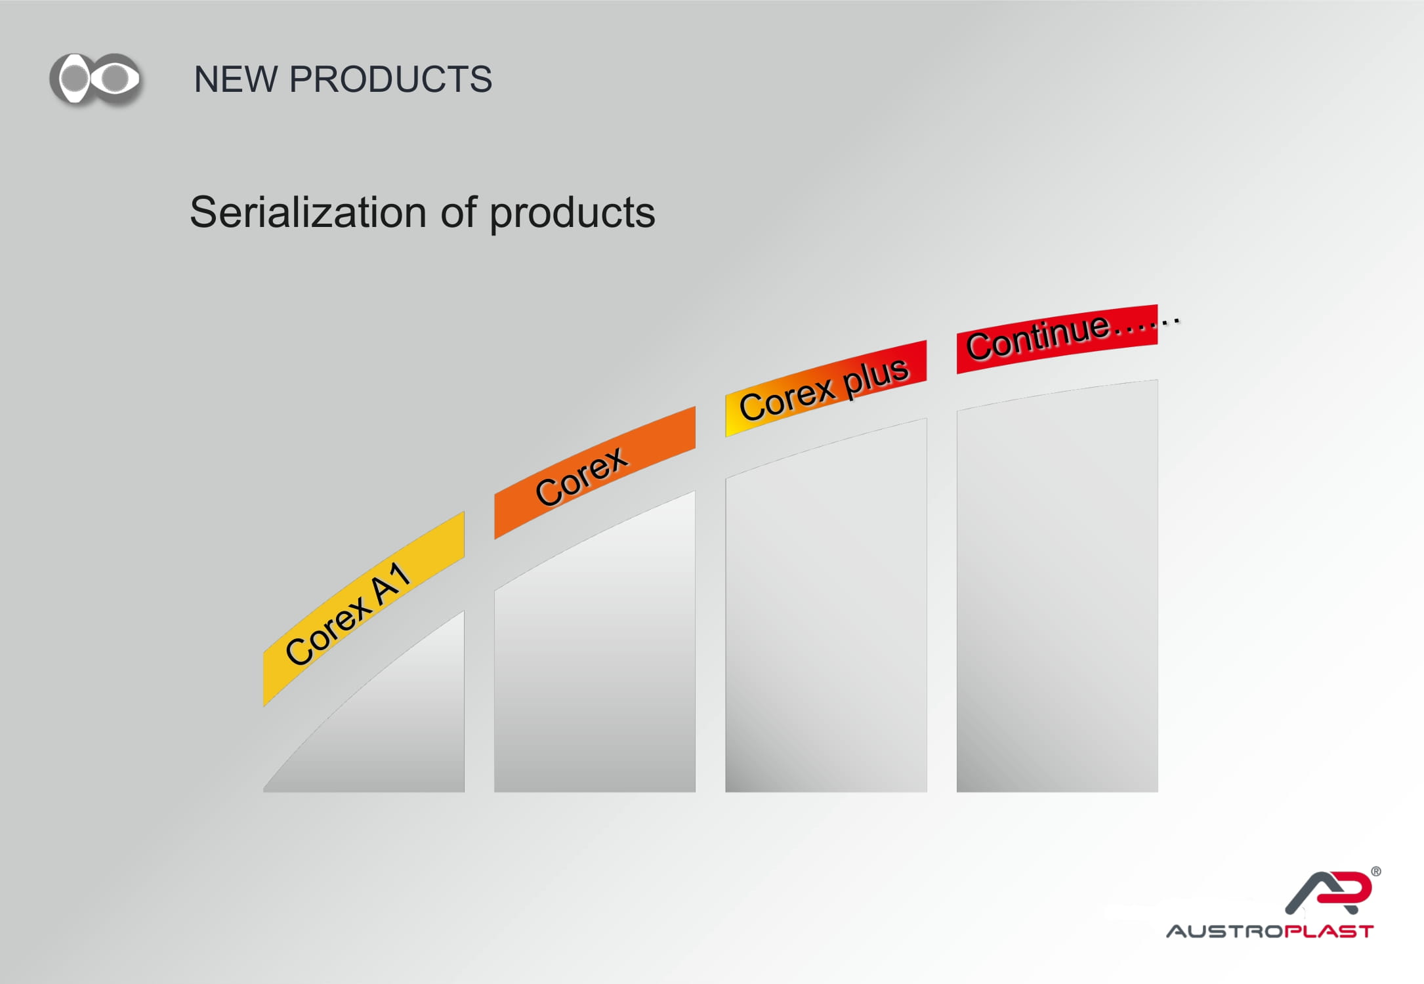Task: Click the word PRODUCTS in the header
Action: click(x=390, y=79)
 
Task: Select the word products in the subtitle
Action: click(x=572, y=215)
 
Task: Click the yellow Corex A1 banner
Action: click(x=364, y=609)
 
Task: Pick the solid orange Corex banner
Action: click(x=595, y=472)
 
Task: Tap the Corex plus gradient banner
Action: click(x=826, y=388)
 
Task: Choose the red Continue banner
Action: click(x=1057, y=339)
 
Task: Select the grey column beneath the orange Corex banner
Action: click(x=595, y=656)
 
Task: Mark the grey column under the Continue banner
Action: click(x=1057, y=590)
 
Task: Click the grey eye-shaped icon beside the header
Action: click(x=96, y=79)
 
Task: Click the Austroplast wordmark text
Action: click(x=1270, y=932)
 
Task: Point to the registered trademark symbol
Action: click(x=1376, y=872)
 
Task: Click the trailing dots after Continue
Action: click(x=1145, y=325)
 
